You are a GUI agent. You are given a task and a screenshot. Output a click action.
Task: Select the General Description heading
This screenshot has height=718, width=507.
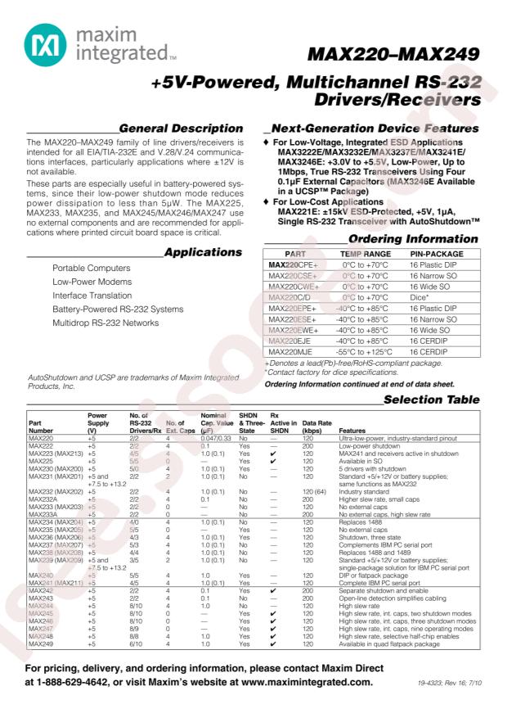point(181,129)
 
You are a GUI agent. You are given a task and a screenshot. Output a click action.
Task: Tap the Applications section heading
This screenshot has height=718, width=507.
point(203,253)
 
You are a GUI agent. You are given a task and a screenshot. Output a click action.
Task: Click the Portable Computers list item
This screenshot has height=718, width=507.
point(91,269)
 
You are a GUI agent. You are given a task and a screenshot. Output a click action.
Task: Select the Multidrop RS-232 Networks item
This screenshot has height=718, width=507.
point(105,323)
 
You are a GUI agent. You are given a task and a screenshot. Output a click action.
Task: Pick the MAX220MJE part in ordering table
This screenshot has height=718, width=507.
point(289,350)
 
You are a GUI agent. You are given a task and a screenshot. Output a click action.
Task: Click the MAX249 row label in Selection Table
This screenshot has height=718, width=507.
point(41,644)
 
